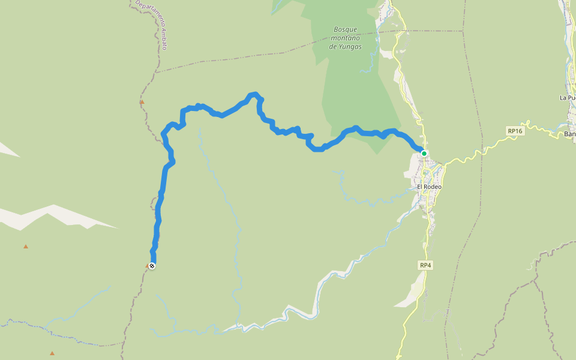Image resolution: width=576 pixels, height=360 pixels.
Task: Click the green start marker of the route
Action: tap(424, 154)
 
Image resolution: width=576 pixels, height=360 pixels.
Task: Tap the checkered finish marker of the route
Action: tap(152, 266)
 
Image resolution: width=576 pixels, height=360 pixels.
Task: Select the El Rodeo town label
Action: tap(429, 187)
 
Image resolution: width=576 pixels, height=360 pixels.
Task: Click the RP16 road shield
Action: tap(515, 131)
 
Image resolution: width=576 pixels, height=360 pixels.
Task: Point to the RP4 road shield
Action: tap(425, 265)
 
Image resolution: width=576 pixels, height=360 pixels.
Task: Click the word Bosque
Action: tap(345, 29)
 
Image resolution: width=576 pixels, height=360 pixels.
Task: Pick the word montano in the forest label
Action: tap(346, 38)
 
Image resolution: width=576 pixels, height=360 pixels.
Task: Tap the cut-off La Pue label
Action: tap(567, 98)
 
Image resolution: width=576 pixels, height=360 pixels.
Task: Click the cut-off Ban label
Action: tap(569, 134)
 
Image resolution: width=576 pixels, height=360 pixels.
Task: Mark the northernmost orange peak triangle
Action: tap(142, 102)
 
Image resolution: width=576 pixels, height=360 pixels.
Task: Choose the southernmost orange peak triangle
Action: tap(52, 353)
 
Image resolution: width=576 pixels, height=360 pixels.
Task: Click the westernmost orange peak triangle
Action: tap(26, 247)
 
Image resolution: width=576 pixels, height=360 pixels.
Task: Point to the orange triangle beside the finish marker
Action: tap(148, 265)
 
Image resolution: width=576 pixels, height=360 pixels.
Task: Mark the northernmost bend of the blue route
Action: tap(254, 94)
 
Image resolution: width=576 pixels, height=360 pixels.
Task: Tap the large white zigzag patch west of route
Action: tap(54, 216)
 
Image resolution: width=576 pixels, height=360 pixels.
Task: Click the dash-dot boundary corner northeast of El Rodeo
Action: tap(463, 30)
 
